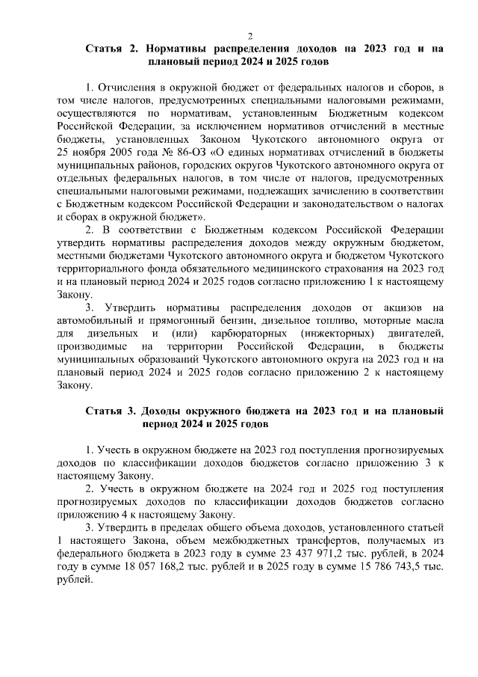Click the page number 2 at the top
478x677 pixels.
[x=251, y=35]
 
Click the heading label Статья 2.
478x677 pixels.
[x=112, y=49]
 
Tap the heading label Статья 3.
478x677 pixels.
[x=112, y=411]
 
